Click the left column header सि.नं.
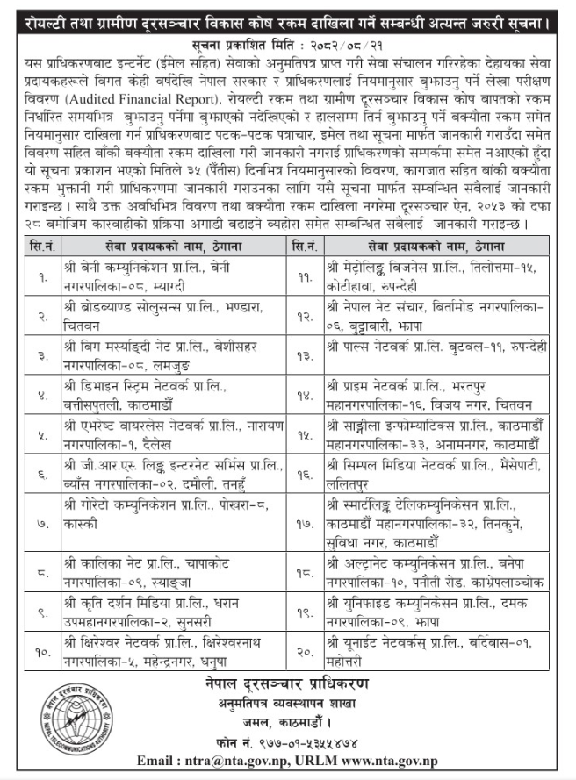point(43,247)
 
